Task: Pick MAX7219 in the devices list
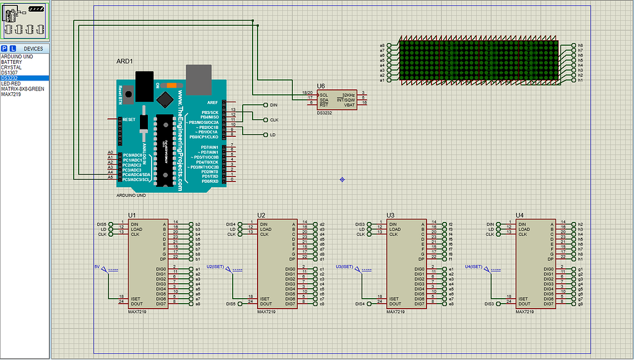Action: [x=11, y=94]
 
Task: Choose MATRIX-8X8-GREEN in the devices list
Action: [x=22, y=89]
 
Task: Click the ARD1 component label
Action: [x=124, y=61]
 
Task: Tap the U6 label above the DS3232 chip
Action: [x=321, y=86]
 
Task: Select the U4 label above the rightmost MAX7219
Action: [x=520, y=215]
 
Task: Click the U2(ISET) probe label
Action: [x=214, y=266]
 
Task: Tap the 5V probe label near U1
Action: [x=97, y=266]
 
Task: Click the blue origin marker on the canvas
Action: [x=342, y=180]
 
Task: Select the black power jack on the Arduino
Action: [x=144, y=85]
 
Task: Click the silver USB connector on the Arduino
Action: [x=198, y=77]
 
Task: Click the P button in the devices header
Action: [x=4, y=48]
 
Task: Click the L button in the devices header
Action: [x=12, y=48]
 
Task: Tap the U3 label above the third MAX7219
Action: [x=391, y=215]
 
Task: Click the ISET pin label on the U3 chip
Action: [x=394, y=299]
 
